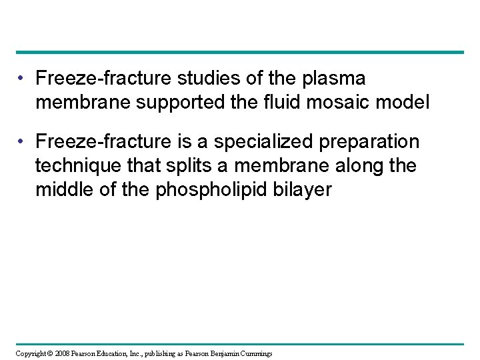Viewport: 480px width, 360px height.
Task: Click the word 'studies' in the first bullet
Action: (x=202, y=79)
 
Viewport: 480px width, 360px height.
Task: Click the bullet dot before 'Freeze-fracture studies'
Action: (x=21, y=79)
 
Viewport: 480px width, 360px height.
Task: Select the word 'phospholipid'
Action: (x=213, y=191)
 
